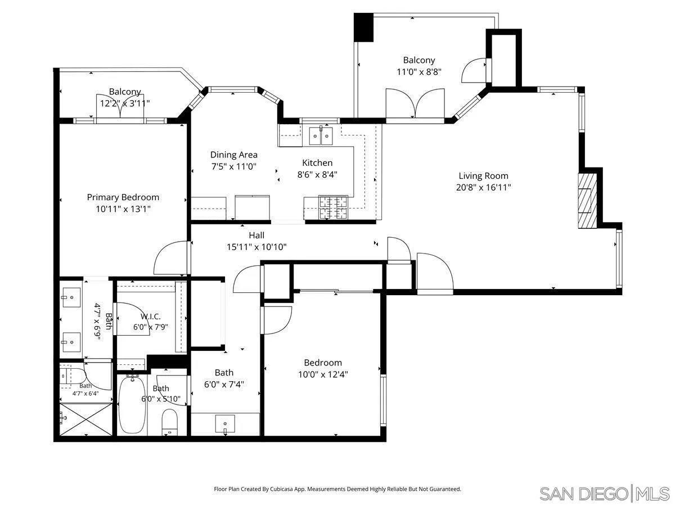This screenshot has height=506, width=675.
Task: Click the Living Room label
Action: pos(483,176)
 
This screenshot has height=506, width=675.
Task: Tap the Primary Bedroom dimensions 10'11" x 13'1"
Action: pos(123,209)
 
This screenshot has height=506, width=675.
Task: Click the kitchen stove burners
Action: pos(333,207)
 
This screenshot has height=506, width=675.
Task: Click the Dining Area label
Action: pos(234,155)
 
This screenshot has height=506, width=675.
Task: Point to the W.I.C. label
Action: pos(150,317)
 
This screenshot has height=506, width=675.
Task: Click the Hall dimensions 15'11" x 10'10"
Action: pos(256,246)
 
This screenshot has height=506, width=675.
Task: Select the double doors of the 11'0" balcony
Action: pos(415,103)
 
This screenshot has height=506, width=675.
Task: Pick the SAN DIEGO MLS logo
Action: pos(604,493)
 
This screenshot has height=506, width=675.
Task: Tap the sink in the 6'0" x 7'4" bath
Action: pos(225,423)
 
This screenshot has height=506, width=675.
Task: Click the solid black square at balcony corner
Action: pos(363,27)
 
